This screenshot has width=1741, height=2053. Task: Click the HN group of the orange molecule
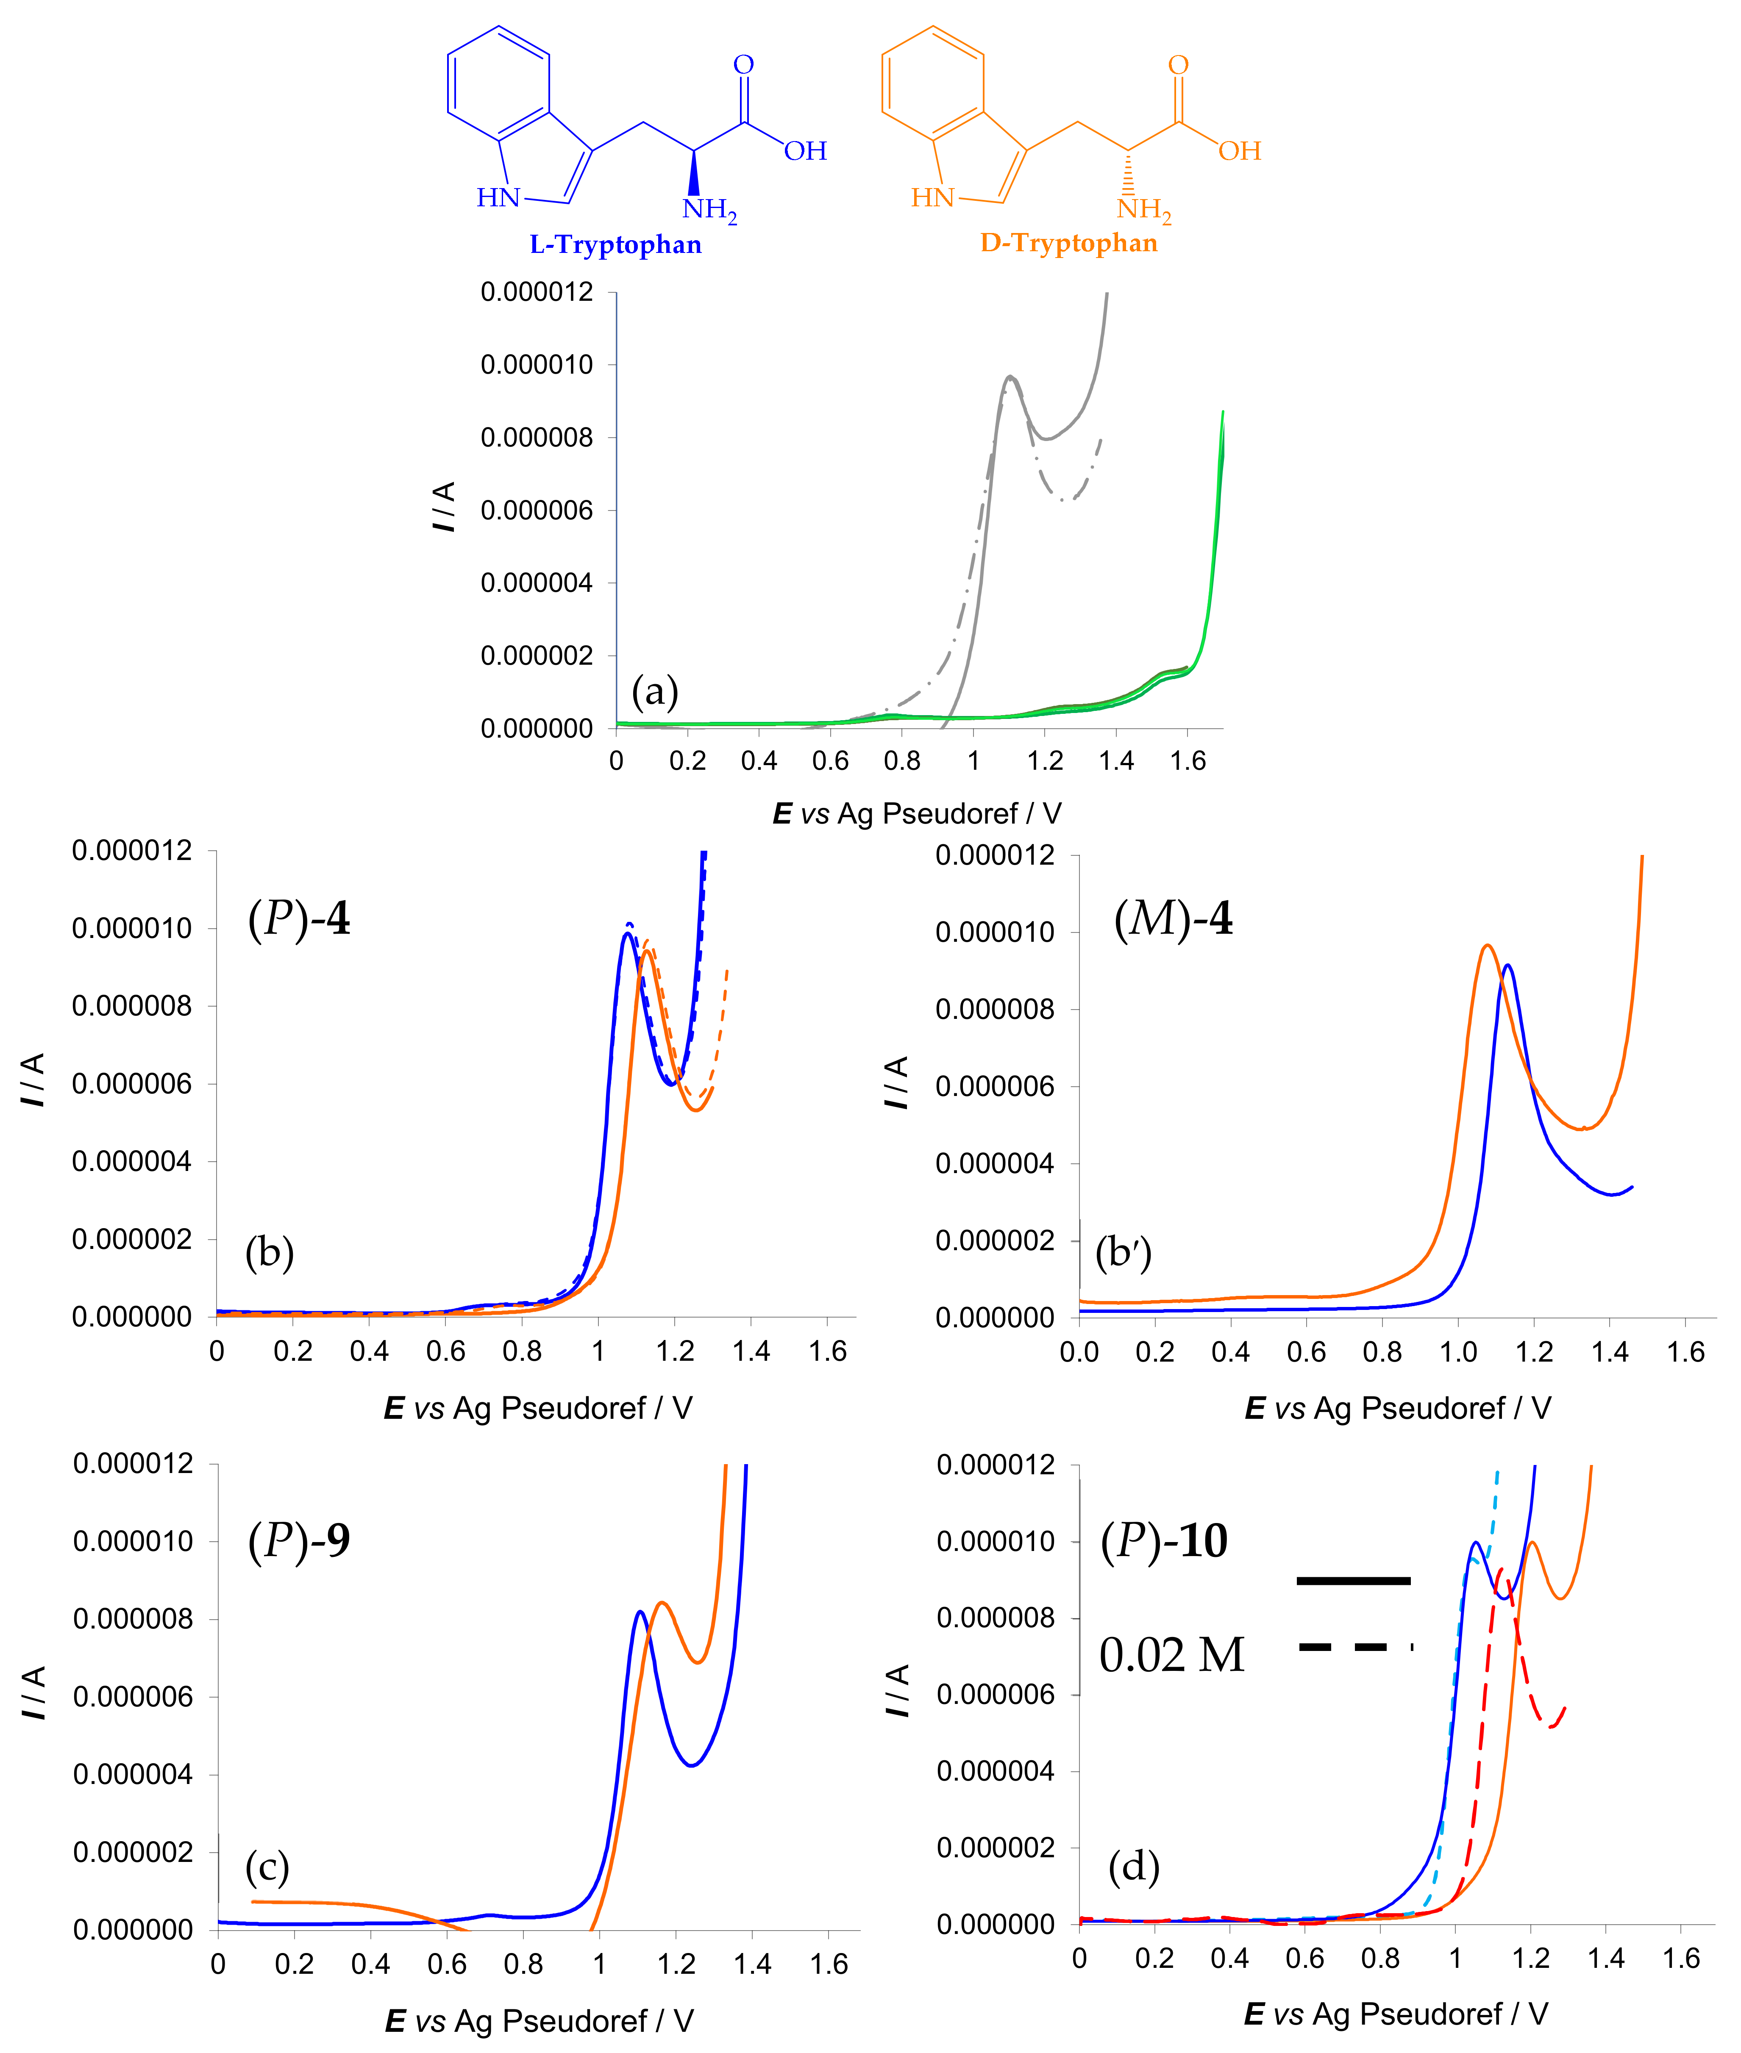(x=932, y=198)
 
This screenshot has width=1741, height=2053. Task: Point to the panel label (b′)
(x=1123, y=1253)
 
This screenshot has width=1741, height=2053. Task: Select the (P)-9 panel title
(x=299, y=1540)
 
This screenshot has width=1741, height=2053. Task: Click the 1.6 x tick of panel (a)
(x=1188, y=760)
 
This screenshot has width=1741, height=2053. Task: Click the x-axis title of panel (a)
(x=917, y=814)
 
